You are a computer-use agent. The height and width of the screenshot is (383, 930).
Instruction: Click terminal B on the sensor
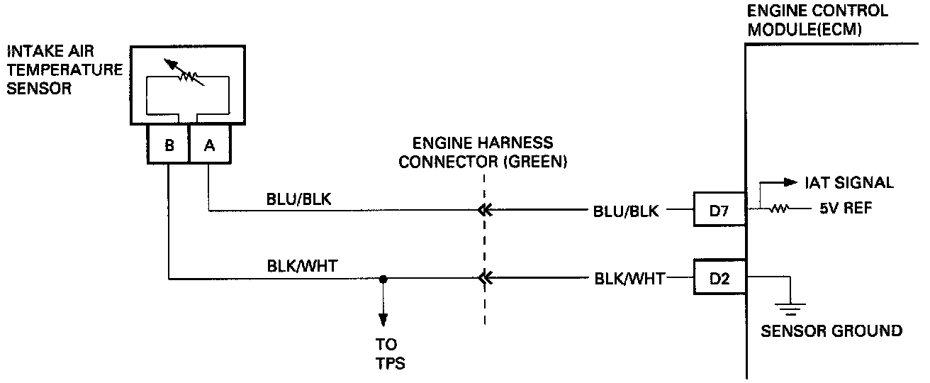169,145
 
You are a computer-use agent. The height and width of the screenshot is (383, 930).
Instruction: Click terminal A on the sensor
209,145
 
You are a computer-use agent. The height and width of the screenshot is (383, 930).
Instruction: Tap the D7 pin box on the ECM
719,209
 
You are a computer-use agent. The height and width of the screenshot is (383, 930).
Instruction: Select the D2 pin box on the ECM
719,279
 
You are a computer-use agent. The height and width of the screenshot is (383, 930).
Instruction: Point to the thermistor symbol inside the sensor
187,74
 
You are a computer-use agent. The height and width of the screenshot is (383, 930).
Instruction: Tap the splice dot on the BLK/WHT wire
383,279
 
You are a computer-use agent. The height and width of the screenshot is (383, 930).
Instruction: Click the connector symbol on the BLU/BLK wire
484,209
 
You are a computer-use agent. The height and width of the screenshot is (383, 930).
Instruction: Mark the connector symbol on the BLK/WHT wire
484,279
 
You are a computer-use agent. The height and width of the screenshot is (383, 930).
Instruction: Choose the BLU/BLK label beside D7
627,210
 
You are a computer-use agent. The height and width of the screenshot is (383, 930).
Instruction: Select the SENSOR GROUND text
831,331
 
